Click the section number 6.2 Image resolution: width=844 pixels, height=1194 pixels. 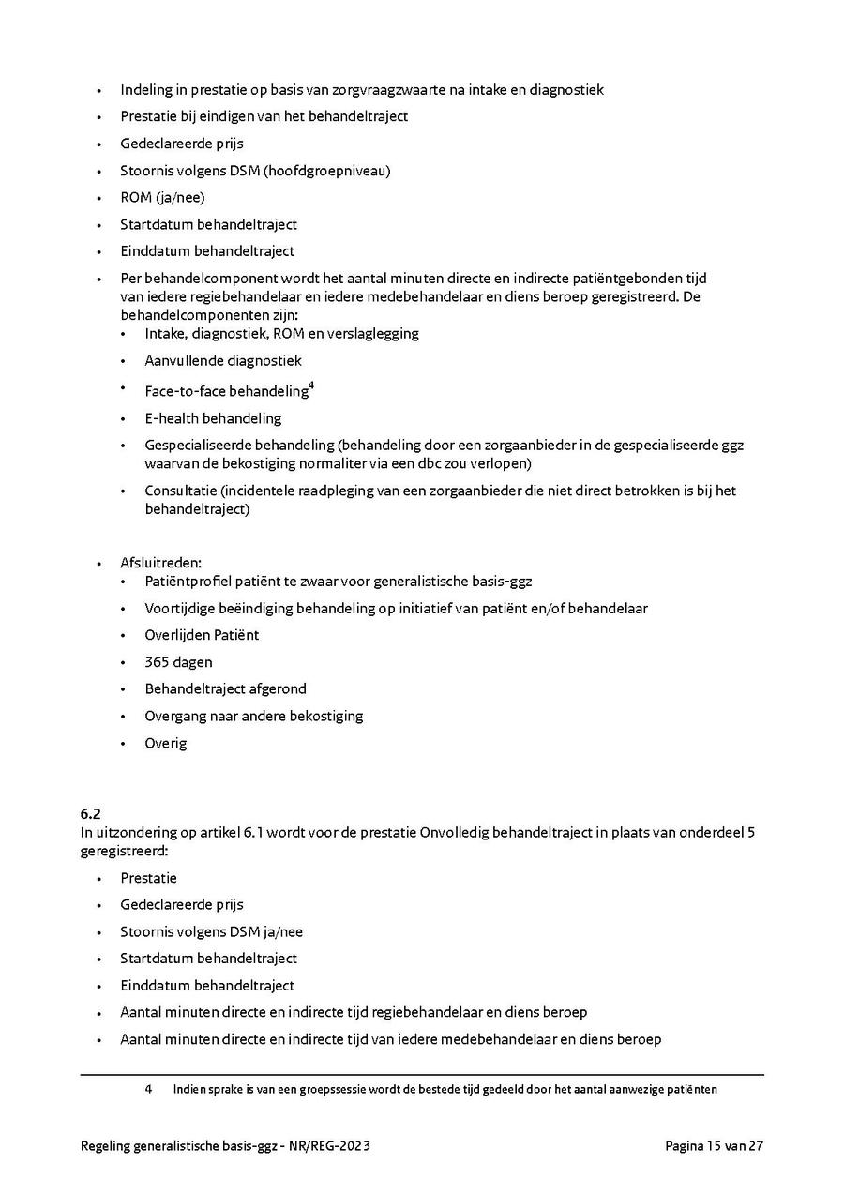tap(90, 814)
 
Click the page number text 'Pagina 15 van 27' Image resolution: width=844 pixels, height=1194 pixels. tap(714, 1146)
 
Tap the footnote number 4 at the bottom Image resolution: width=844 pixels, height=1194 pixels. tap(148, 1090)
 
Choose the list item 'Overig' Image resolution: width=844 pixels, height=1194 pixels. tap(166, 743)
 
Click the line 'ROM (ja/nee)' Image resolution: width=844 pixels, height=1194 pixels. tap(162, 198)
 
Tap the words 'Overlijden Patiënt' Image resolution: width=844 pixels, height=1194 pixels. tap(202, 635)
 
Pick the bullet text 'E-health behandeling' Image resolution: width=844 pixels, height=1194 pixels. tap(213, 418)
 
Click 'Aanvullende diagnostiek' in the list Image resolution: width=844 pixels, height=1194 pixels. tap(223, 360)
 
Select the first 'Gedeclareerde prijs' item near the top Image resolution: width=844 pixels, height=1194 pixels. tap(182, 144)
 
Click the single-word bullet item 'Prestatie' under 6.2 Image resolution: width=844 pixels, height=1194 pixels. tap(148, 878)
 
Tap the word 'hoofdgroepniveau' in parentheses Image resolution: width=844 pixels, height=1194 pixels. tap(333, 171)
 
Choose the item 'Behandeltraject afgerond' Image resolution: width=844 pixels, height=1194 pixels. tap(225, 688)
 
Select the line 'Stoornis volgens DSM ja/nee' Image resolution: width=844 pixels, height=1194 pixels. tap(211, 931)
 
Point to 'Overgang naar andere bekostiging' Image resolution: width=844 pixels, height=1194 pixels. tap(253, 716)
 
